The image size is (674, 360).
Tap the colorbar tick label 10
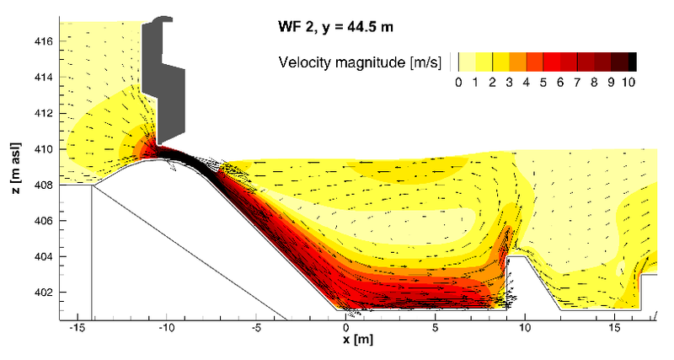[629, 82]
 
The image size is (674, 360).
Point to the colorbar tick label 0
[457, 82]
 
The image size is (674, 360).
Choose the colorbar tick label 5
[543, 82]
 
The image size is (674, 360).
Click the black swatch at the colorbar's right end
[632, 61]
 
